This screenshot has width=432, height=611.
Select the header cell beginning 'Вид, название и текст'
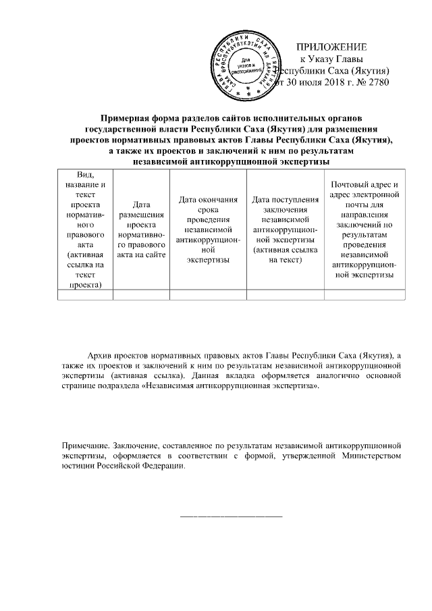(82, 230)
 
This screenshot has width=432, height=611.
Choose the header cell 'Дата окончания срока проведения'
(208, 230)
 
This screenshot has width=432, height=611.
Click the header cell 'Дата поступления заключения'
(286, 230)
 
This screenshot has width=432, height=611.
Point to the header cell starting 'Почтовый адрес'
(365, 230)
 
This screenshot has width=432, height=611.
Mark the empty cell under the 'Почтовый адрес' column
(365, 294)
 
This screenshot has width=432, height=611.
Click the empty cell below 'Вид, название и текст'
(82, 294)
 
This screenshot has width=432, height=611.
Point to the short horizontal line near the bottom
(231, 516)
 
